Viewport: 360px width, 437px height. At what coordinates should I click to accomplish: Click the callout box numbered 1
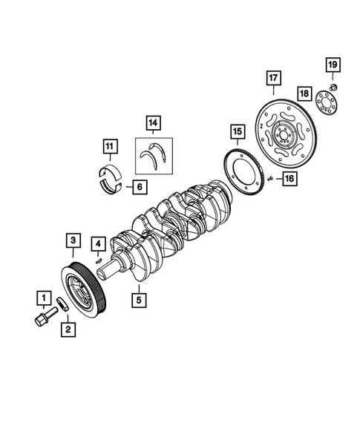pos(44,298)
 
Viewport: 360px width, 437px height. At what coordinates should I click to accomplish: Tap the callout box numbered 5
pos(139,300)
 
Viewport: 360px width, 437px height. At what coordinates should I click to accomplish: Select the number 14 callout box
pos(153,122)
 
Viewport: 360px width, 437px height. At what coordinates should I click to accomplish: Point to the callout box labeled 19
pos(333,65)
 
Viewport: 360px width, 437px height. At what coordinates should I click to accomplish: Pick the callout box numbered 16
pos(289,178)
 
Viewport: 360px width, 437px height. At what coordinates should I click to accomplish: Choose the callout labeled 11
pos(110,146)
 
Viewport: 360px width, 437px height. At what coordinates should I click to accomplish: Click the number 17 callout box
pos(273,78)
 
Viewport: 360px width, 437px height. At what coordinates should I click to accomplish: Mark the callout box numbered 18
pos(304,93)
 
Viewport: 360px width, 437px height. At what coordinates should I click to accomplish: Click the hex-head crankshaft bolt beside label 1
pos(45,317)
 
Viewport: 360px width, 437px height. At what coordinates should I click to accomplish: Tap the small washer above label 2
pos(63,304)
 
